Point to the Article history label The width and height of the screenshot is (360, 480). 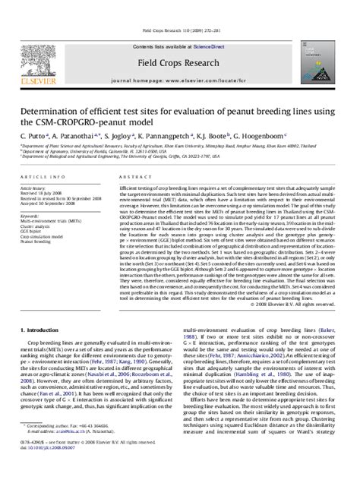pyautogui.click(x=34, y=186)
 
